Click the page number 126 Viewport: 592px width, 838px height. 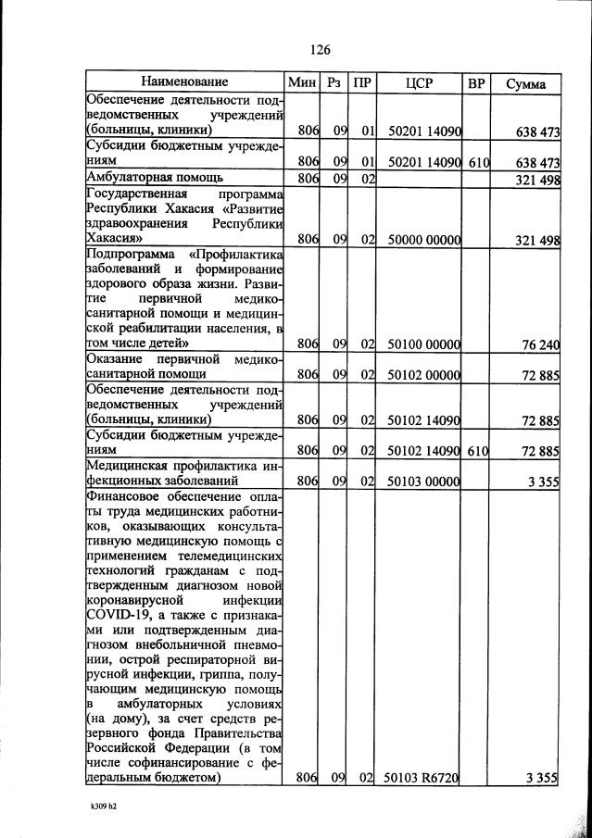coord(321,49)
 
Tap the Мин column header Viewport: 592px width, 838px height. coord(303,83)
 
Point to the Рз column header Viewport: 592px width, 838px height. coord(334,83)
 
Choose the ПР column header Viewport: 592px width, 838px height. coord(363,83)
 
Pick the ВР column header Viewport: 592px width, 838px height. coord(477,83)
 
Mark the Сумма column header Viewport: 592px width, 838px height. coord(525,83)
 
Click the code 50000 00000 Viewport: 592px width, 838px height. coord(422,240)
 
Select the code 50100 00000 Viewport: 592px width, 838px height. coord(422,344)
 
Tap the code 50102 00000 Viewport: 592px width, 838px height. coord(422,375)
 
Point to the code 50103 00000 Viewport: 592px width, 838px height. coord(422,482)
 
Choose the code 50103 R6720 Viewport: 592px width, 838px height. coord(422,779)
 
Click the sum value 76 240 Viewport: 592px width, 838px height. coord(540,344)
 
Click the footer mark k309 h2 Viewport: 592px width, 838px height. coord(103,807)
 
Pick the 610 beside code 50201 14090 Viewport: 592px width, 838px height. coord(477,162)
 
